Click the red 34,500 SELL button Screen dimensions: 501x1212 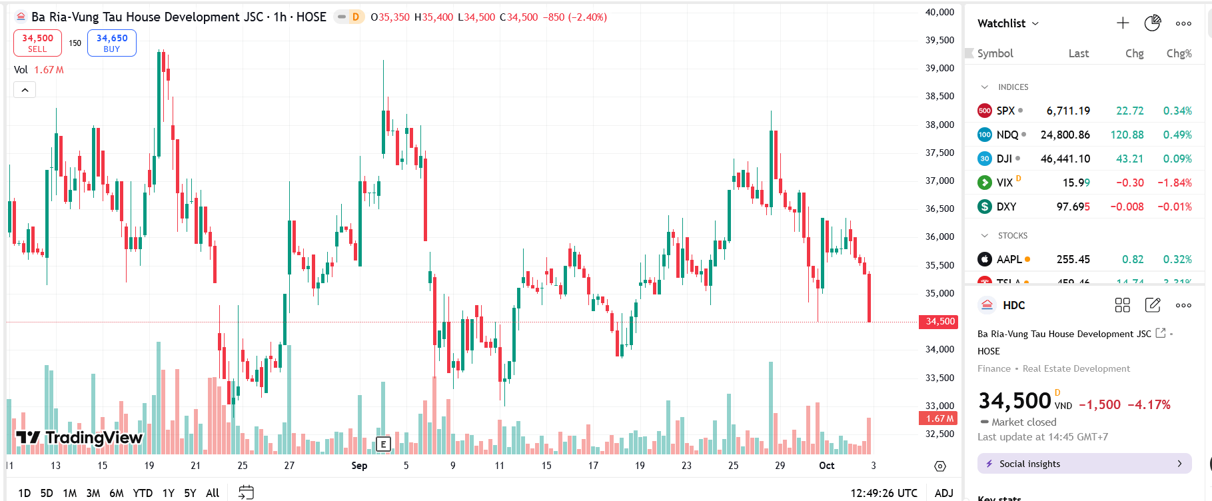(37, 43)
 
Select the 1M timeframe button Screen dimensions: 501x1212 (69, 493)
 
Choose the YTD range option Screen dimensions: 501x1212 (143, 493)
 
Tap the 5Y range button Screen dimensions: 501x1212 (190, 493)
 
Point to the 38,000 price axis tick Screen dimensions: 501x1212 (939, 125)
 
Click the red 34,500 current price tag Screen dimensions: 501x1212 (939, 321)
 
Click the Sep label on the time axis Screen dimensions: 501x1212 (359, 466)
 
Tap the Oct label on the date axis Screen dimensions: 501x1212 (826, 466)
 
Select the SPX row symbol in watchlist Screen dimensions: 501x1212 (1005, 111)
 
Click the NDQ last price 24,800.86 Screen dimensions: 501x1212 (1065, 135)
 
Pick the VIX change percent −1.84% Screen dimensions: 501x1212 (1174, 183)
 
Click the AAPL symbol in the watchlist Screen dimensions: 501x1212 (1009, 259)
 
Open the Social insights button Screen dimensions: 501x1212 (1084, 464)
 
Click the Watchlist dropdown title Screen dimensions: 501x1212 (1007, 23)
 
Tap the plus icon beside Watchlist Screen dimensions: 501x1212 (1123, 23)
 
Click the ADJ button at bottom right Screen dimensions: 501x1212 (943, 493)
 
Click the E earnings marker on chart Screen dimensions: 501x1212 (383, 444)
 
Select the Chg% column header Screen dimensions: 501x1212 (1179, 53)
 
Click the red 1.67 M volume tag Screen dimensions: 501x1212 (939, 418)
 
